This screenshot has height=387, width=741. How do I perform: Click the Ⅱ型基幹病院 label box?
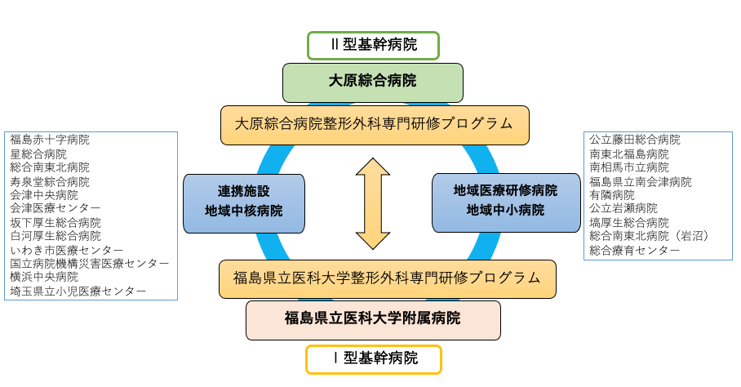tap(373, 45)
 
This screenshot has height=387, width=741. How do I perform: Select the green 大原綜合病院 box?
tap(372, 82)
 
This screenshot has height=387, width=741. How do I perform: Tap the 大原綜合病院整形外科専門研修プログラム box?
tap(375, 124)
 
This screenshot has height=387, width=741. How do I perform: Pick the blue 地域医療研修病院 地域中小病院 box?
tap(505, 201)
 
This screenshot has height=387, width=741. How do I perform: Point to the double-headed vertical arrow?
tap(373, 203)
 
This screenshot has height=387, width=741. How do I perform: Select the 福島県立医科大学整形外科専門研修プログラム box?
tap(387, 278)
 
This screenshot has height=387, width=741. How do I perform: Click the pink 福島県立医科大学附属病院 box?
tap(373, 319)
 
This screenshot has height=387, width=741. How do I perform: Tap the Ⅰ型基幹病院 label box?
tap(374, 358)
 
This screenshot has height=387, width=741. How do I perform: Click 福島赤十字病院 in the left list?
tap(50, 140)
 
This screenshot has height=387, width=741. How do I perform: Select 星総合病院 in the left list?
tap(38, 153)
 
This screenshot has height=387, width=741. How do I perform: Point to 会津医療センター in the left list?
tap(55, 208)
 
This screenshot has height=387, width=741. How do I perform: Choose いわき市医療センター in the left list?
tap(67, 250)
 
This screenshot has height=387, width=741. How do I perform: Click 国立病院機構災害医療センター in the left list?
tap(90, 264)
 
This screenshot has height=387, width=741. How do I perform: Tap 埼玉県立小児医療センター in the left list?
tap(78, 291)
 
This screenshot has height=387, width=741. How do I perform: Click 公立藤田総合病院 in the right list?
tap(635, 140)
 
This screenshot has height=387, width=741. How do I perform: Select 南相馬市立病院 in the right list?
tap(629, 167)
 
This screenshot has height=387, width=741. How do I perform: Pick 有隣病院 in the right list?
tap(612, 195)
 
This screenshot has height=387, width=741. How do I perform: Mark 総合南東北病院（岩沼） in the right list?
tap(650, 236)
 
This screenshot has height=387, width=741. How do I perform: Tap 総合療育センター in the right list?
tap(635, 250)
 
